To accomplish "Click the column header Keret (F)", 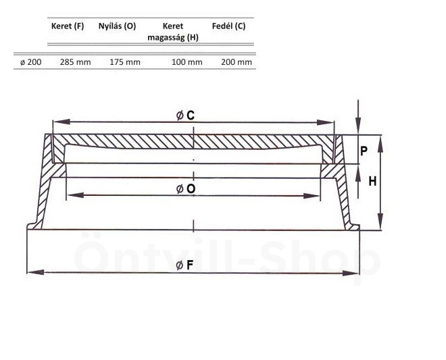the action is point(68,26).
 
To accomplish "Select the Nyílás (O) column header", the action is point(117,26).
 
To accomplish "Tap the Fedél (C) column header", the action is point(228,26).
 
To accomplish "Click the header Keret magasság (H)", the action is point(173,32).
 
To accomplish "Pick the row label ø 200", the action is point(30,62).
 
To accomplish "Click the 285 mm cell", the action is point(76,62).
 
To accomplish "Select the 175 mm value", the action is point(125,62).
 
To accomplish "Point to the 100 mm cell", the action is point(187,62).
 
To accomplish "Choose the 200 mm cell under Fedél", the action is point(237,62).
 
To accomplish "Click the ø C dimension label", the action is point(185,115).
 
